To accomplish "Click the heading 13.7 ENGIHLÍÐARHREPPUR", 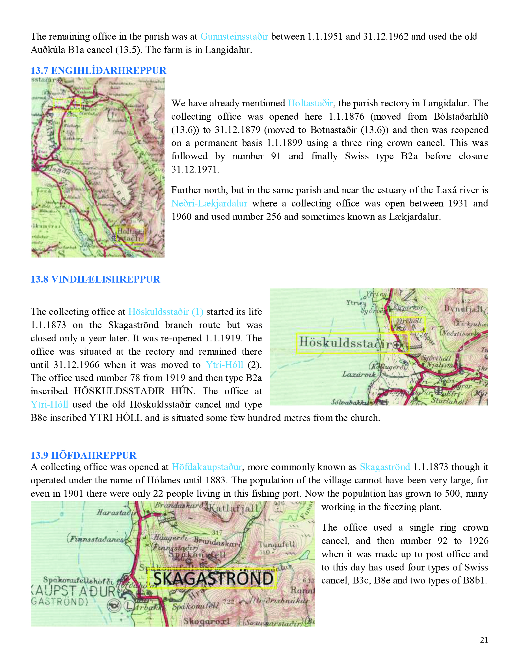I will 98,70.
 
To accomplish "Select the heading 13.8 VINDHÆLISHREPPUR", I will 95,279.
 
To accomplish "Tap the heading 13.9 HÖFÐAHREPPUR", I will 83,455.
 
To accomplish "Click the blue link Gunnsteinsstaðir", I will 234,36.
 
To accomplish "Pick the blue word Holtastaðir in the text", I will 310,104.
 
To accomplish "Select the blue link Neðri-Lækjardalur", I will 209,203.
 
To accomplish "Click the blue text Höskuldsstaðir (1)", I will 166,312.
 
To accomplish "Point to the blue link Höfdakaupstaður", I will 207,467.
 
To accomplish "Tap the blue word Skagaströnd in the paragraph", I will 385,467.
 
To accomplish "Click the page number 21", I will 484,640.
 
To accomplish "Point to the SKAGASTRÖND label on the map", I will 213,578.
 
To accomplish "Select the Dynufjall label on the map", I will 463,308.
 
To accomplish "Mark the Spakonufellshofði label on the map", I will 78,580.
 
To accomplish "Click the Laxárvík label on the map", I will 359,374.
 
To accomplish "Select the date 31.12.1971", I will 195,169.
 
